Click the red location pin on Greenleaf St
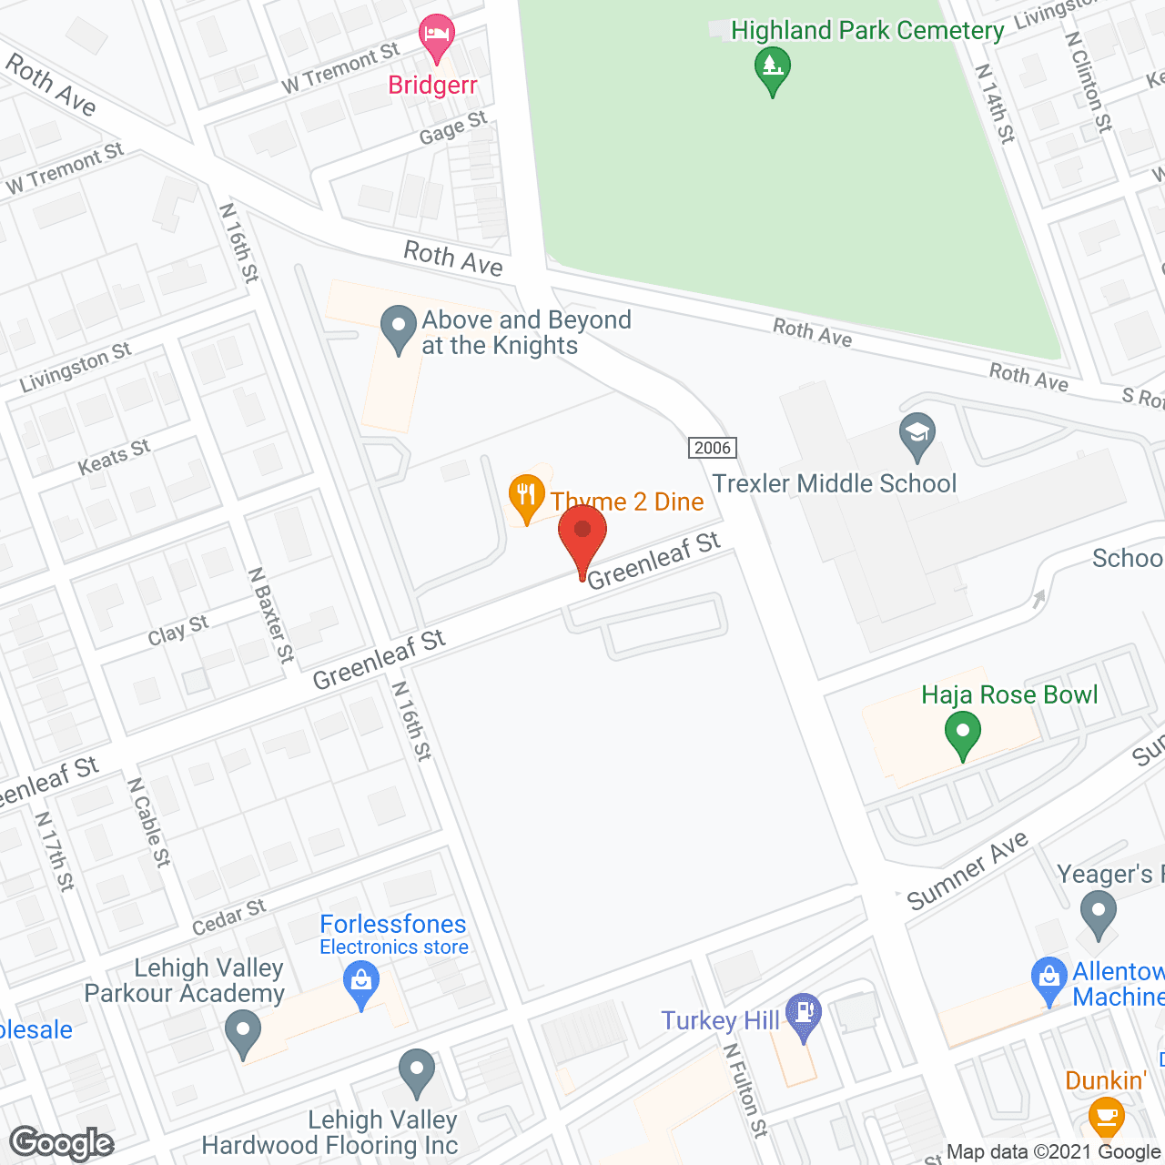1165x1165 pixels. point(582,537)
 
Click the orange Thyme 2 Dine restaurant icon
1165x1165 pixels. point(525,497)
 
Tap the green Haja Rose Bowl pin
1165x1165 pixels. point(962,734)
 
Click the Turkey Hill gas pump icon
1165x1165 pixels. point(803,1014)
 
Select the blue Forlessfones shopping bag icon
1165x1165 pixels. point(361,984)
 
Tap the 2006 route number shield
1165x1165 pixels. point(712,447)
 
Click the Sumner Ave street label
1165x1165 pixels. point(967,871)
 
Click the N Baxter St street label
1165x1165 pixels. point(271,615)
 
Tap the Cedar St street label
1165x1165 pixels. point(229,917)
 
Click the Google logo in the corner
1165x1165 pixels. point(61,1143)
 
